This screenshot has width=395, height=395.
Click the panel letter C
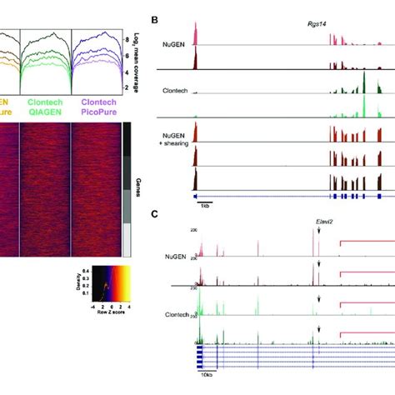click(x=152, y=213)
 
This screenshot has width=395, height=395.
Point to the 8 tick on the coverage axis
click(x=127, y=39)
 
